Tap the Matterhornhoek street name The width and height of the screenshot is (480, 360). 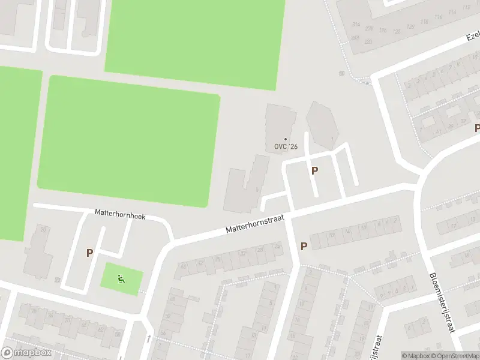coord(120,214)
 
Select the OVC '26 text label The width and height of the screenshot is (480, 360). coord(286,146)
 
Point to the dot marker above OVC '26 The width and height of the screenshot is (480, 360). coord(286,139)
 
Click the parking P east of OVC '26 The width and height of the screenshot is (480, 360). coord(314,170)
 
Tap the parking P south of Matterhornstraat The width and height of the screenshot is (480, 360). coord(304,246)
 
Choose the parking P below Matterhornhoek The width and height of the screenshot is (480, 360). coord(89,253)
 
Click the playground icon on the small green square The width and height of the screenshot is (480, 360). coord(121,278)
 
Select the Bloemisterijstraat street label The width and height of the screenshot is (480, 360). coord(443,303)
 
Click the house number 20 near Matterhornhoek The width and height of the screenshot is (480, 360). coord(42,229)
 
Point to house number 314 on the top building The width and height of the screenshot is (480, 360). coord(356,25)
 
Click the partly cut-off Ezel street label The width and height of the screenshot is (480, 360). coord(473,37)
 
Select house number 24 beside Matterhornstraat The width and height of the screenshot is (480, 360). coord(277,246)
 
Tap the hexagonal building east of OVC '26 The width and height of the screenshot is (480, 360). coord(322,124)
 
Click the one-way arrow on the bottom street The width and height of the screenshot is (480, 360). coord(148,340)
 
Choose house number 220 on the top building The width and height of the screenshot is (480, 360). coord(368,41)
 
